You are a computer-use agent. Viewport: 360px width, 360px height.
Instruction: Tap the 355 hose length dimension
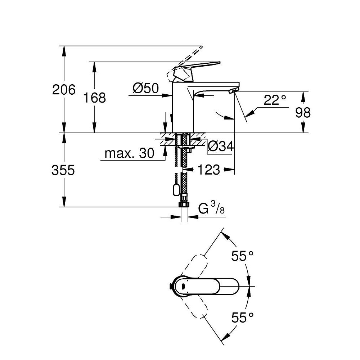click(63, 170)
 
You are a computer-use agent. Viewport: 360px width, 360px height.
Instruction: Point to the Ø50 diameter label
click(145, 89)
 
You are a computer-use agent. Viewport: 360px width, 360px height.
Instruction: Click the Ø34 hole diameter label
click(221, 147)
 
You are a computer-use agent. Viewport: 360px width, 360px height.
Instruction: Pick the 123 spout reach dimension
click(208, 170)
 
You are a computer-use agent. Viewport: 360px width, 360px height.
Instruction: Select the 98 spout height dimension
click(303, 113)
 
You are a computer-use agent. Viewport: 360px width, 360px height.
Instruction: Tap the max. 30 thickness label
click(129, 154)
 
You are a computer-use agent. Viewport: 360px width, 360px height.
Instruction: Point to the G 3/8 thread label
click(212, 209)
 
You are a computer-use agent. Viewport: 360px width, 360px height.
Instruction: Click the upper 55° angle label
click(242, 256)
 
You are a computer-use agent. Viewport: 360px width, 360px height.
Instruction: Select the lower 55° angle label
click(242, 317)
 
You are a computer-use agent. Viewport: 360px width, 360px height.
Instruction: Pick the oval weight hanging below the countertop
click(176, 189)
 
